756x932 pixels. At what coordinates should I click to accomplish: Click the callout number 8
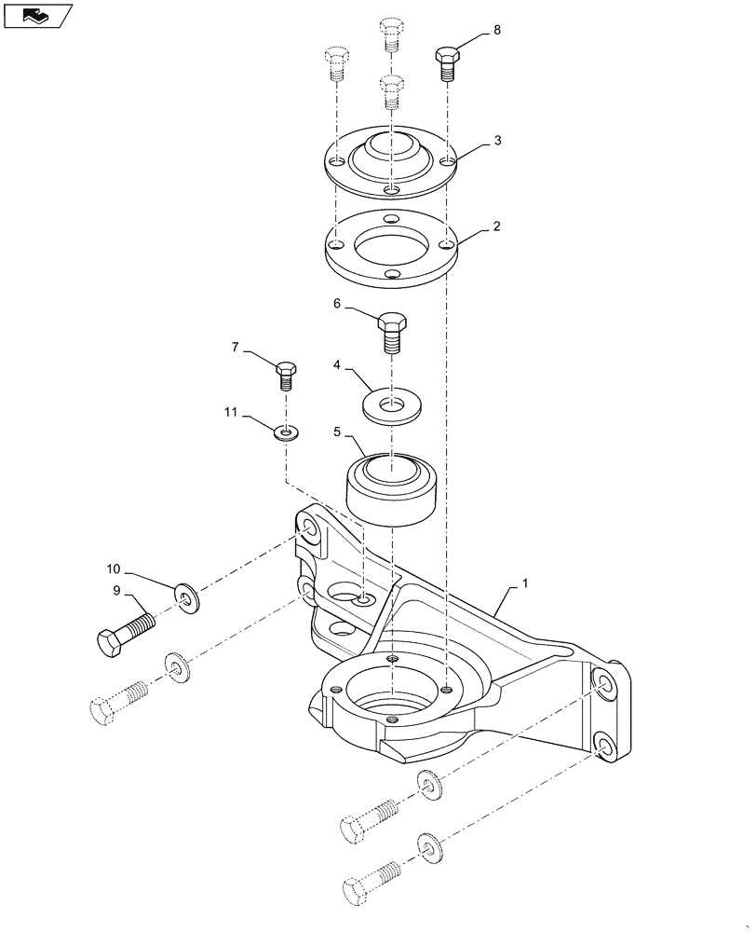click(496, 30)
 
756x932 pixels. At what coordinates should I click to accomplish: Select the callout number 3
click(498, 141)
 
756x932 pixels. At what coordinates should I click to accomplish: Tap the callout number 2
click(498, 226)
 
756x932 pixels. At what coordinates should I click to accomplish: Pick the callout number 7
click(236, 347)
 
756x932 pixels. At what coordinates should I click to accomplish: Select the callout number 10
click(113, 569)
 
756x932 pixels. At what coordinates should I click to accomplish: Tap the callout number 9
click(116, 590)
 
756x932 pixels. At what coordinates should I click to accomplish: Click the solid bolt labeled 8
click(447, 63)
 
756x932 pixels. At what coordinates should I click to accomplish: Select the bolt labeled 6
click(392, 333)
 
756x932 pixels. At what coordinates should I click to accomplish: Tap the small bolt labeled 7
click(286, 375)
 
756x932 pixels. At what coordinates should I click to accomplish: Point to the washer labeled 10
click(185, 597)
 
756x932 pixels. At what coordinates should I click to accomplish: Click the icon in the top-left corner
click(36, 15)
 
